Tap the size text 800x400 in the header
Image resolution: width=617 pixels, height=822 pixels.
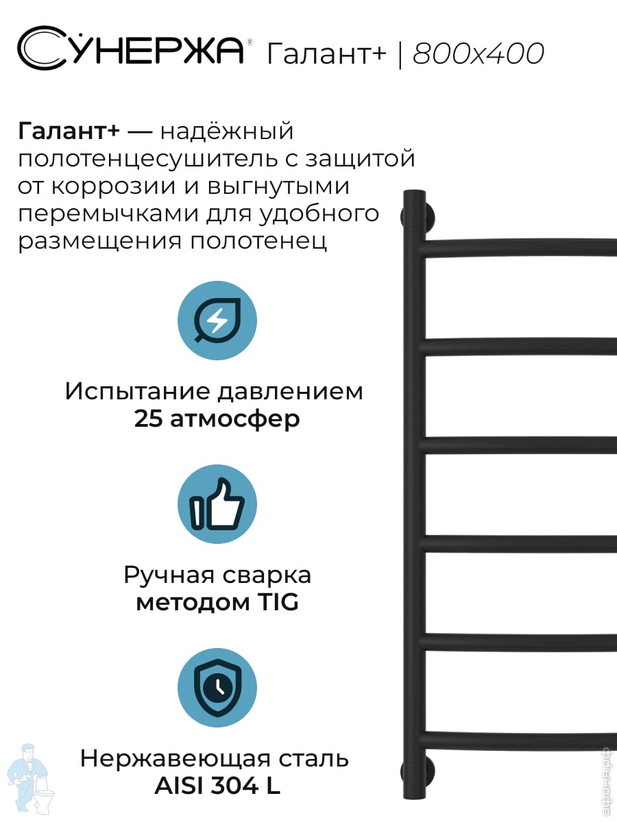479,53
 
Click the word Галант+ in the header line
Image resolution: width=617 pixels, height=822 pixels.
326,53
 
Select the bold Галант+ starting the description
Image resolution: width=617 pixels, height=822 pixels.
69,131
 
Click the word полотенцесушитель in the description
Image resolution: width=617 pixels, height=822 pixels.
148,159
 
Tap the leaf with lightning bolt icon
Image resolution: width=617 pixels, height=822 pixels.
217,321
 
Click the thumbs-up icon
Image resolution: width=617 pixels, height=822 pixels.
217,504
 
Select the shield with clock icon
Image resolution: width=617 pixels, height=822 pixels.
217,688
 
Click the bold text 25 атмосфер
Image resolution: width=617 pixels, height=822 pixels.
217,419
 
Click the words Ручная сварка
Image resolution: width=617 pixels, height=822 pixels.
217,575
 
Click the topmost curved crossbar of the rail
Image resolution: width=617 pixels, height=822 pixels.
518,247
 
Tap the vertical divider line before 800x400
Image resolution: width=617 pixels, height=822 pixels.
400,54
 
